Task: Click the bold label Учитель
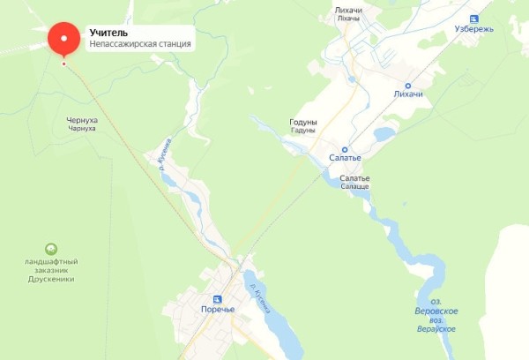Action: (108, 33)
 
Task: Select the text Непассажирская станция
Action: (140, 44)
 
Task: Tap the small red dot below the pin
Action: (63, 64)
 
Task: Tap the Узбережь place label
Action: (499, 28)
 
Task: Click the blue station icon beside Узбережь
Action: (473, 19)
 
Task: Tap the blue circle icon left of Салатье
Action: (345, 150)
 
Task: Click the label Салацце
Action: (355, 187)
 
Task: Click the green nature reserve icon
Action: (51, 250)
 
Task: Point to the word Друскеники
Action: (51, 279)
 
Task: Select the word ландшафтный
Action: (51, 262)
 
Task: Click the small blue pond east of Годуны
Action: (384, 134)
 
